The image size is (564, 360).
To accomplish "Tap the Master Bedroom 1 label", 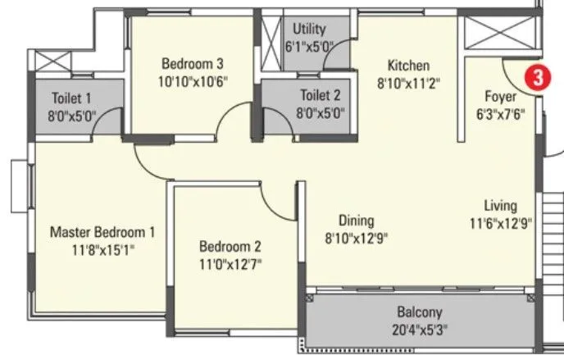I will point(102,232).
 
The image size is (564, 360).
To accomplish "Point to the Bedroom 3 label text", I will point(193,63).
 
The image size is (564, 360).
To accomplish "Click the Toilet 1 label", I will point(71,96).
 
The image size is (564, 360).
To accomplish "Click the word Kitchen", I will point(408,65).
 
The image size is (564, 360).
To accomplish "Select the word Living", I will point(499,205).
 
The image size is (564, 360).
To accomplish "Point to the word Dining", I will point(357,221).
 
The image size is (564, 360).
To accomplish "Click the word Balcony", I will point(419,312).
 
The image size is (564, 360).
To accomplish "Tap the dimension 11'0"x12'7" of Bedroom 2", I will point(230,264).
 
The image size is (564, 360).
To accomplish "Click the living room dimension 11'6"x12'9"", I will point(499,222).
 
